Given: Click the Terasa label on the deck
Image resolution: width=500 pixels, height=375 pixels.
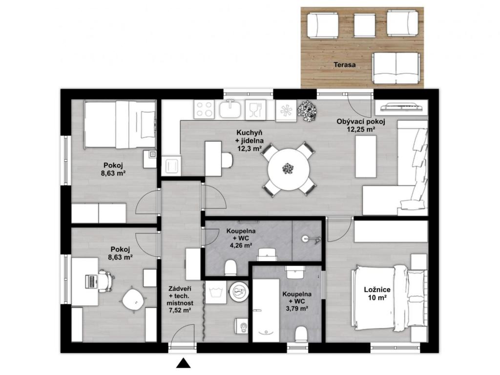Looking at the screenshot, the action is [x=344, y=65].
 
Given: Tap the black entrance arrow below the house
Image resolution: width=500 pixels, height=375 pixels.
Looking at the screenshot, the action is [x=184, y=363].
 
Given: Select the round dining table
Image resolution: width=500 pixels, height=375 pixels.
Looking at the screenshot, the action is [x=288, y=169].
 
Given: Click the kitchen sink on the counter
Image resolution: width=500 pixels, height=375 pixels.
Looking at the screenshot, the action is [x=229, y=109].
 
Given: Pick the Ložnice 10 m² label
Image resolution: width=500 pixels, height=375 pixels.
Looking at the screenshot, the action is [x=377, y=293].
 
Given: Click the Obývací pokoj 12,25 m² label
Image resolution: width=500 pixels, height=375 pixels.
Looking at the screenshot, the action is [x=361, y=125].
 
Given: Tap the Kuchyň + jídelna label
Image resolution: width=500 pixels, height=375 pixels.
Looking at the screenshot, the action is [x=250, y=140].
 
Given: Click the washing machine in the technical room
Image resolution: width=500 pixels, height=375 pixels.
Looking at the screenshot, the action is [x=215, y=292].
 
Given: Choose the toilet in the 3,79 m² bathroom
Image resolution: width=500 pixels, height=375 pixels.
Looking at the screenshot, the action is [x=301, y=334].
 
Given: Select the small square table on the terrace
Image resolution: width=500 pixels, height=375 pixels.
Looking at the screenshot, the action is [x=364, y=25].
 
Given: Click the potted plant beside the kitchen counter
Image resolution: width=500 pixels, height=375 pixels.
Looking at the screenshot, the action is [x=307, y=111].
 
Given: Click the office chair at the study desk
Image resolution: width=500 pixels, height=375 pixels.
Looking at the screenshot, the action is [x=106, y=280].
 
